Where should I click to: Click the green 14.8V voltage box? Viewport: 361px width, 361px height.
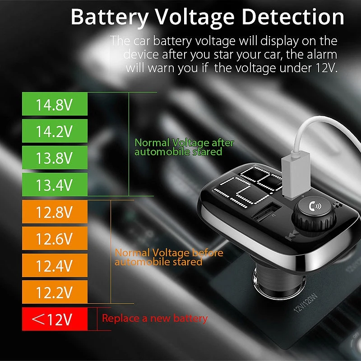click(x=54, y=105)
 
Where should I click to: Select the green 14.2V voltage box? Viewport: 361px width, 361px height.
click(x=54, y=132)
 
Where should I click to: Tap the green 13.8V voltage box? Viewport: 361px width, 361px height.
click(x=54, y=158)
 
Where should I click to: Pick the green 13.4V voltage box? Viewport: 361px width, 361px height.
click(x=54, y=185)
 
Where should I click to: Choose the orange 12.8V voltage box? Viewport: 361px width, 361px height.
click(x=54, y=213)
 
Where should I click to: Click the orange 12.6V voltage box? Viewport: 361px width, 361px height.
click(x=54, y=239)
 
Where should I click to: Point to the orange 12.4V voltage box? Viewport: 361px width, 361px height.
click(x=54, y=266)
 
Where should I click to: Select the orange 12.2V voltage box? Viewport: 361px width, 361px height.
click(x=54, y=293)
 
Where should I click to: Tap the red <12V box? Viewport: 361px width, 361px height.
click(x=54, y=319)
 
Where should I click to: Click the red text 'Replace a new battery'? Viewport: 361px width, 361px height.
click(x=155, y=318)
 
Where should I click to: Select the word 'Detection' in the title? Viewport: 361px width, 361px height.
click(x=293, y=18)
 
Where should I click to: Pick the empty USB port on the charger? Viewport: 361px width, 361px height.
click(x=267, y=212)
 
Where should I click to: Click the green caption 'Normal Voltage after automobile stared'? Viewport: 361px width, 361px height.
click(x=184, y=147)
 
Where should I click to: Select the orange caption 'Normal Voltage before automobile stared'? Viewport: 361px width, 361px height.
click(x=169, y=257)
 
